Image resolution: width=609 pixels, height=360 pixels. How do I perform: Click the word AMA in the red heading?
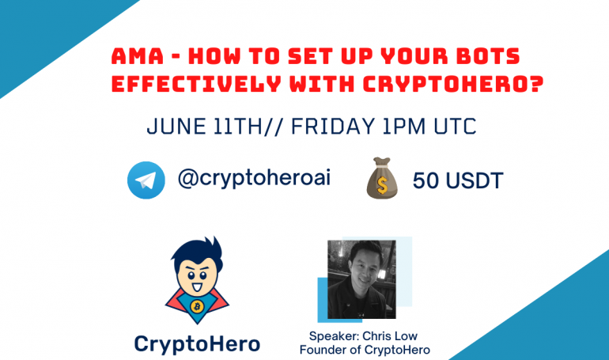(x=138, y=56)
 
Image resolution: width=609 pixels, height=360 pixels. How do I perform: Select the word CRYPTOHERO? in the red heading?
(x=453, y=84)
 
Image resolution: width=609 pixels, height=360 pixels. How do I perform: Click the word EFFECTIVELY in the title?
(x=196, y=84)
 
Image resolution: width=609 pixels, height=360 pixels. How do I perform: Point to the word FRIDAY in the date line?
(x=333, y=127)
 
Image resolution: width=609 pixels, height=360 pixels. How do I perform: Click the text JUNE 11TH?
(x=205, y=127)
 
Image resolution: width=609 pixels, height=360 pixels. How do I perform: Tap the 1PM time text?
(x=404, y=127)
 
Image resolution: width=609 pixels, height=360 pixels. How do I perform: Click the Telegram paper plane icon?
(x=146, y=180)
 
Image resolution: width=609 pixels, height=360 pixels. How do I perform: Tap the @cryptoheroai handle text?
(x=254, y=179)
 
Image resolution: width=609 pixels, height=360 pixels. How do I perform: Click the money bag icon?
(x=382, y=178)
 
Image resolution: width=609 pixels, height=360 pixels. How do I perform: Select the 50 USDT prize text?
(x=458, y=180)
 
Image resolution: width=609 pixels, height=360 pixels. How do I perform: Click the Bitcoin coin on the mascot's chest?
(x=197, y=307)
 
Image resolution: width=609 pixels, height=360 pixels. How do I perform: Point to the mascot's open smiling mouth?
(x=197, y=287)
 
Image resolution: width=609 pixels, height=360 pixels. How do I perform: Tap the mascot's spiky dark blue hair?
(x=197, y=253)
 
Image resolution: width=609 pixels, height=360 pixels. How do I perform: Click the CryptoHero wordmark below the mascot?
(x=197, y=344)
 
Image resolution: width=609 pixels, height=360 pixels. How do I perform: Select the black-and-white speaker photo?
(x=361, y=279)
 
